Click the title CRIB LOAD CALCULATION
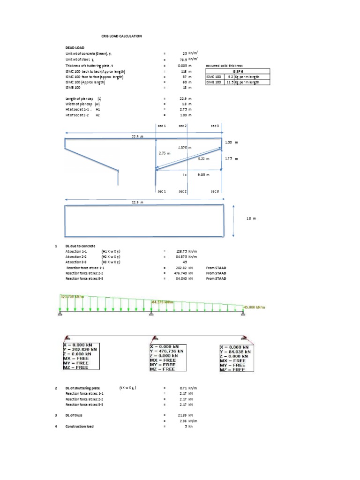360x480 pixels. coord(121,36)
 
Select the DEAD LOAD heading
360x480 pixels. coord(75,48)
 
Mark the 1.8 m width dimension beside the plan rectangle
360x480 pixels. coord(252,218)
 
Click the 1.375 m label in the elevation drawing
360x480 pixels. coord(185,147)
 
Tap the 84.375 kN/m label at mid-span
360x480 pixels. coord(162,301)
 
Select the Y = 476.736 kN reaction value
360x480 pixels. coord(169,348)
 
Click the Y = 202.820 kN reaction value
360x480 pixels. coord(82,348)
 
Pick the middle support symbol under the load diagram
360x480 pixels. coord(151,314)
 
